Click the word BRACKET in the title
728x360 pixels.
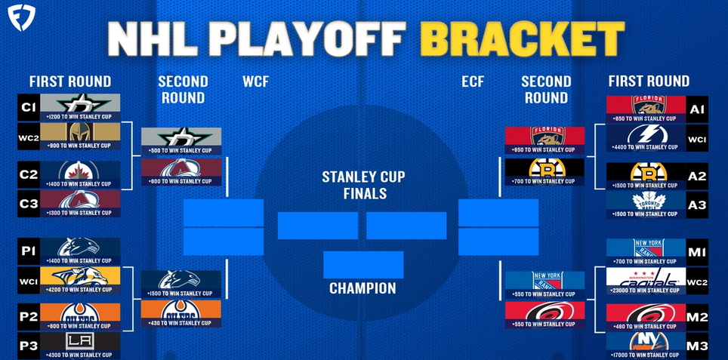[x=521, y=35]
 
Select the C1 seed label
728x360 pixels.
[x=28, y=109]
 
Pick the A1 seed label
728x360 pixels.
[x=697, y=109]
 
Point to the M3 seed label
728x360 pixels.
[x=697, y=346]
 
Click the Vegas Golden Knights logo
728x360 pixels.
[x=79, y=134]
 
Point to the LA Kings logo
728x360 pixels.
[x=79, y=340]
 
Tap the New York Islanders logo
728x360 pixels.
[x=646, y=340]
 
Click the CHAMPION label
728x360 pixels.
[x=362, y=288]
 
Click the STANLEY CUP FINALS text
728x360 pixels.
[x=363, y=185]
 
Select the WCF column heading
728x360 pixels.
[x=256, y=82]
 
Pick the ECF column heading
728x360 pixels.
[x=473, y=82]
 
